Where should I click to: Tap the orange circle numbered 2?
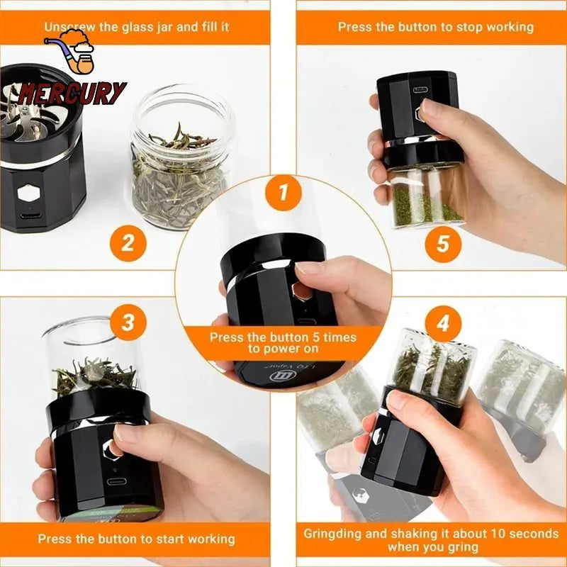click(x=128, y=243)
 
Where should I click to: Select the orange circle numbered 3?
click(x=128, y=323)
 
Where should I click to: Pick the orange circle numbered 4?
click(x=443, y=324)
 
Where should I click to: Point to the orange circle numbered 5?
click(x=443, y=243)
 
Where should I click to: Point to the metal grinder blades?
click(x=28, y=103)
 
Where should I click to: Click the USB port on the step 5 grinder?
click(x=420, y=91)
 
